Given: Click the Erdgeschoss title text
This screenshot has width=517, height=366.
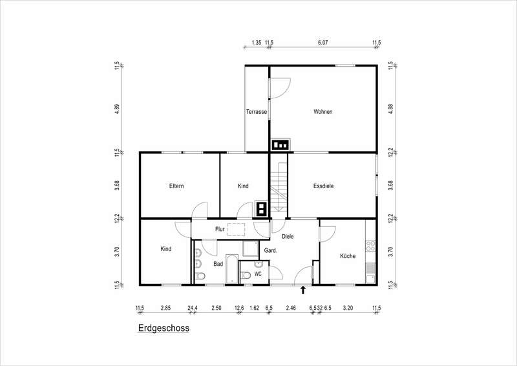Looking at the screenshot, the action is (x=164, y=328).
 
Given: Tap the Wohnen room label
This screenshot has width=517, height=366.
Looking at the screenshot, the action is (x=322, y=112).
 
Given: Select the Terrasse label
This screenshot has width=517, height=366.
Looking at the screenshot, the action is (x=257, y=112).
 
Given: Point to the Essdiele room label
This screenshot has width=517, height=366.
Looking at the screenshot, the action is (x=324, y=186).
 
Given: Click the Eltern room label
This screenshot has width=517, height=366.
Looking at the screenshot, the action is (x=176, y=186).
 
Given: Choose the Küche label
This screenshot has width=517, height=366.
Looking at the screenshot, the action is (x=348, y=256).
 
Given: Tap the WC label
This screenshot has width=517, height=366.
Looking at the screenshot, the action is (x=258, y=274).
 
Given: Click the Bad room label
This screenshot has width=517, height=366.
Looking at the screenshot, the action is (x=218, y=264).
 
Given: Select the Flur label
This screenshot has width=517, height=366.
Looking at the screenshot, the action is (x=220, y=229).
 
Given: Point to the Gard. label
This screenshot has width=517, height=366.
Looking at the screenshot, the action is (x=271, y=250).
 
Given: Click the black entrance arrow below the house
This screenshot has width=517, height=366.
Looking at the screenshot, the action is (x=303, y=290).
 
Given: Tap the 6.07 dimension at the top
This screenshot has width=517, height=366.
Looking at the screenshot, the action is (x=322, y=42).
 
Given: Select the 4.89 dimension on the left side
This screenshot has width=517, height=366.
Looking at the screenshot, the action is (x=117, y=109).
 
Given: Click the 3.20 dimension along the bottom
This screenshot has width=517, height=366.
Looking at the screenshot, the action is (x=348, y=308).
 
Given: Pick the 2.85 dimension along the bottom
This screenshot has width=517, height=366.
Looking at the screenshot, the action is (x=165, y=308).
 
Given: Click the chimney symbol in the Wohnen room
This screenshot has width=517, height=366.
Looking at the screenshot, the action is (x=280, y=145).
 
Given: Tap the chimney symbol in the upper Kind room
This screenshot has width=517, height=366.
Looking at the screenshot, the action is (x=261, y=209).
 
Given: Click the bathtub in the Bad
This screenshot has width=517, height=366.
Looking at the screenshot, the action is (x=232, y=269).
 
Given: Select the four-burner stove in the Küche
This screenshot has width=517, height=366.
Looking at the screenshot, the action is (x=370, y=246).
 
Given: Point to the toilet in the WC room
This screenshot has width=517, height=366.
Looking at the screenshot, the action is (x=246, y=275).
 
